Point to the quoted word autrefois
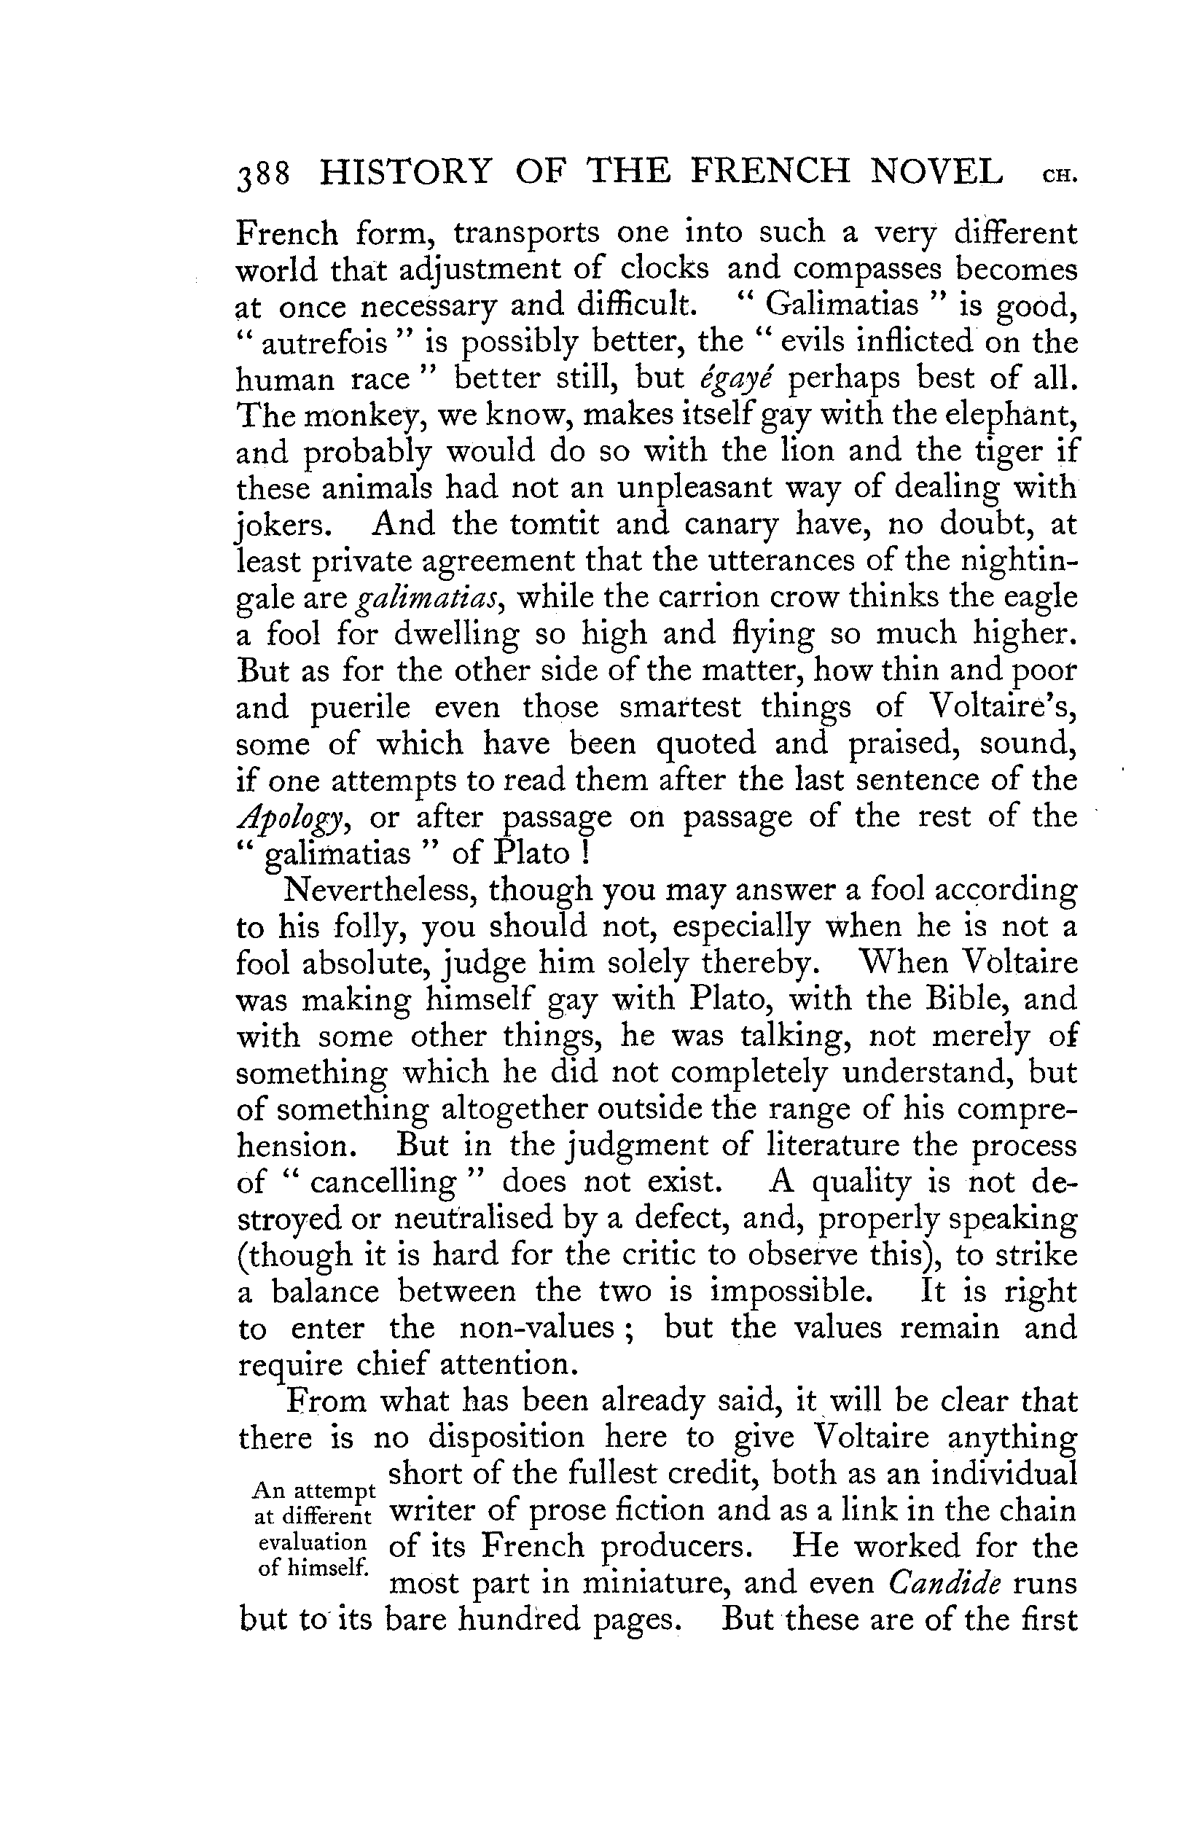pyautogui.click(x=323, y=343)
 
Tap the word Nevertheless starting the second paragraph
pyautogui.click(x=376, y=891)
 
